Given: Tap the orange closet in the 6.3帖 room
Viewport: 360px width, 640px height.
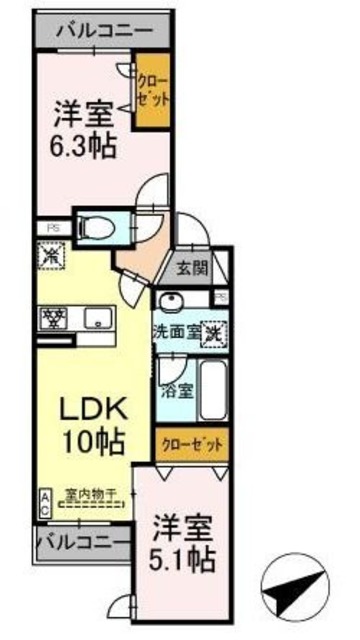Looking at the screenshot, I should click(x=153, y=92).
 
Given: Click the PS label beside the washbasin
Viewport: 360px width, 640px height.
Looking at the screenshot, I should click(x=219, y=297).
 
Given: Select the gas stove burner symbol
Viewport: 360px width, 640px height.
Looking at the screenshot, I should click(x=52, y=320).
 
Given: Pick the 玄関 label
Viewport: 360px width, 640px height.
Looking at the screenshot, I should click(x=194, y=267).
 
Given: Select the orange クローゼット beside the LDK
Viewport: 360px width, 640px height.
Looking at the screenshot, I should click(x=189, y=443).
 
